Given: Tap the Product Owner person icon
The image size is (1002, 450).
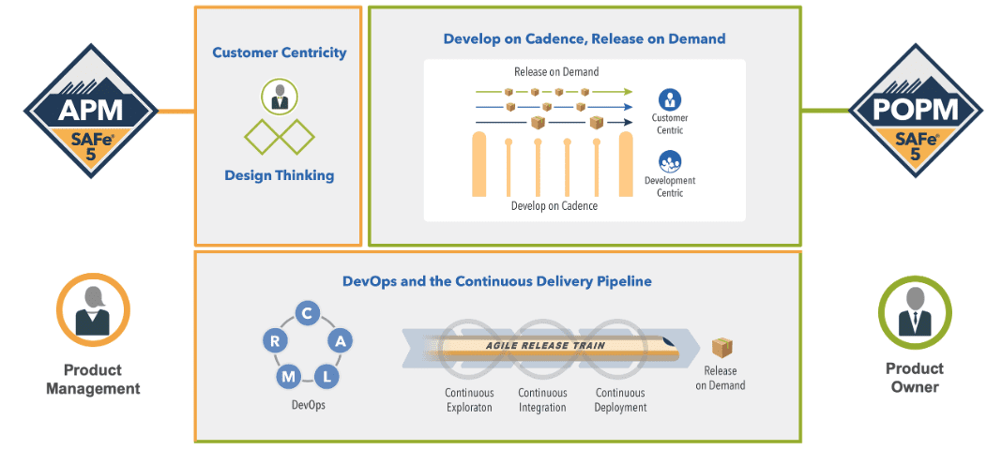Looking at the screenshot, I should click(914, 312).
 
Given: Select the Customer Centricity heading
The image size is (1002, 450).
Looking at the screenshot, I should click(279, 52).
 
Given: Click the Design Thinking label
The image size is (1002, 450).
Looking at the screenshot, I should click(279, 175).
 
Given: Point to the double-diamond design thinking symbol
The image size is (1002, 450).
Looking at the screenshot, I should click(279, 138).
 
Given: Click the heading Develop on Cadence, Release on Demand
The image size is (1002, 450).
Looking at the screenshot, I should click(584, 39).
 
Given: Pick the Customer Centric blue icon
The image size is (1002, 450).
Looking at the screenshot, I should click(669, 99).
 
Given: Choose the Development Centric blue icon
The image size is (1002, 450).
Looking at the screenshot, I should click(669, 161).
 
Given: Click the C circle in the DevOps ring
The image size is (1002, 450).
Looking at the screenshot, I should click(306, 313).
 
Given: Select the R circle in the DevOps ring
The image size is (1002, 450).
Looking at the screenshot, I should click(275, 341).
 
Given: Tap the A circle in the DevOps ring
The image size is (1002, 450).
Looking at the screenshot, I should click(340, 341).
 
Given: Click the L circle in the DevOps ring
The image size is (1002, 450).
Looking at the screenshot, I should click(326, 377).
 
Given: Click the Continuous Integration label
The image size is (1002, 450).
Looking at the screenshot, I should click(542, 400).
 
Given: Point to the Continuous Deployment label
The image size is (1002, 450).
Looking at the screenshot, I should click(620, 400).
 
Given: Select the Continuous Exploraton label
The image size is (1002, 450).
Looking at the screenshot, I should click(469, 400).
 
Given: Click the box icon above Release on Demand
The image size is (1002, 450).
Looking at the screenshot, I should click(721, 348).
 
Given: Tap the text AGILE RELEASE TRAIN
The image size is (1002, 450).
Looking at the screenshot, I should click(545, 346).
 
